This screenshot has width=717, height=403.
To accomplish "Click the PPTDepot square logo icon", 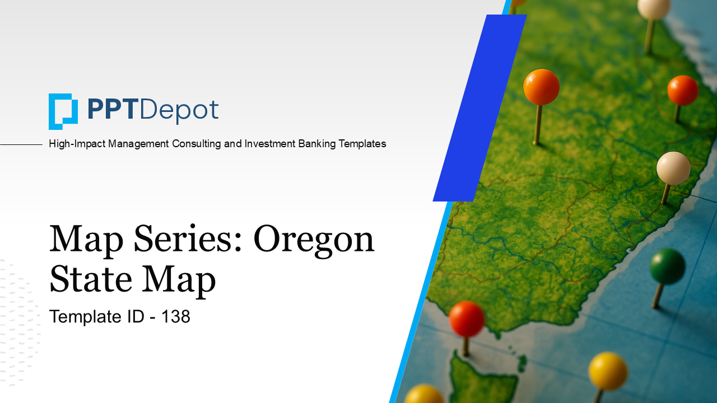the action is (x=63, y=111).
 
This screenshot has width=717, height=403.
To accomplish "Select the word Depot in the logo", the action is (x=179, y=111).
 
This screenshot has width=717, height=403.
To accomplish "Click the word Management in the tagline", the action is (x=138, y=144).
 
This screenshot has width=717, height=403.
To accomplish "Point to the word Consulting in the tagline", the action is (x=197, y=144).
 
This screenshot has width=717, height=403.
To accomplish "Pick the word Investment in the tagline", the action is (x=270, y=144).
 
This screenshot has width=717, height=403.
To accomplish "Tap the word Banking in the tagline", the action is (x=317, y=144).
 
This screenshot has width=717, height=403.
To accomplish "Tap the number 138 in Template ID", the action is (x=176, y=317).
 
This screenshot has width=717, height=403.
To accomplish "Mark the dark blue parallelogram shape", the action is (x=480, y=108).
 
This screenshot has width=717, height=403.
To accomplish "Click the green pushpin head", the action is (x=667, y=266).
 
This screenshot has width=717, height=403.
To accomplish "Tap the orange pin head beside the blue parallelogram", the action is (x=541, y=87).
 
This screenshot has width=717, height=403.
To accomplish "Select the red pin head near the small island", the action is (x=467, y=319).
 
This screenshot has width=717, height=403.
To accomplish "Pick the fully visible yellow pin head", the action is (x=608, y=371).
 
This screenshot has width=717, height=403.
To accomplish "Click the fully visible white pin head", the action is (x=673, y=168).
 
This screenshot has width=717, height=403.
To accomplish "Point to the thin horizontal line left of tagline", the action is (x=21, y=144).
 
